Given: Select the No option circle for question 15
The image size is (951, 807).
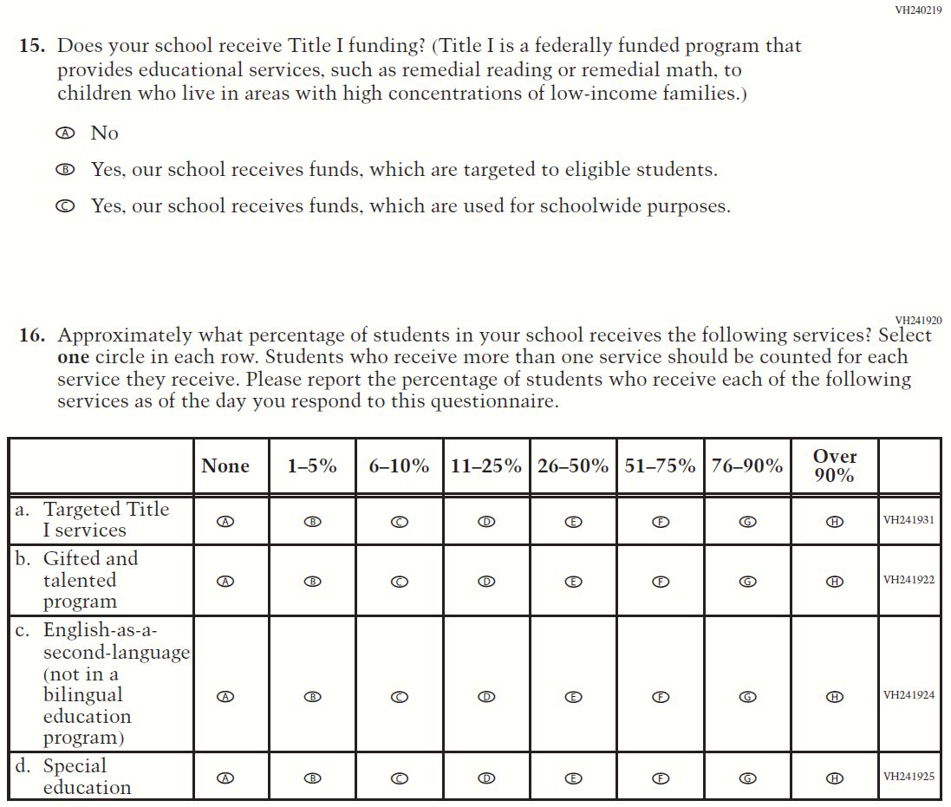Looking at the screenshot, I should coord(63,133).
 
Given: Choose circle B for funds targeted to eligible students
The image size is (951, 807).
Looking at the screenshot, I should coord(63,171).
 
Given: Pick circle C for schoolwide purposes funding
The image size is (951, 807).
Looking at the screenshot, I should coord(63,207).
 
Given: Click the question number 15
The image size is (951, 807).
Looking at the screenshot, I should coord(33,46).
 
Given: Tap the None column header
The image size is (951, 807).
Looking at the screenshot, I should coord(225,466).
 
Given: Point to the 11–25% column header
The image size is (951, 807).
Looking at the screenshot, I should coord(486,466).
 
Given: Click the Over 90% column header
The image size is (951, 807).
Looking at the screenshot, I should coord(835,466).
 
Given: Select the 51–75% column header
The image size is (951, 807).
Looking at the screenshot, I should coord(660,466).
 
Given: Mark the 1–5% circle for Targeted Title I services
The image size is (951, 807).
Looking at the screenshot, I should coord(313,522).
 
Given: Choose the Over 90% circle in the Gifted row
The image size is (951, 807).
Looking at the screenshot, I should coord(835,582).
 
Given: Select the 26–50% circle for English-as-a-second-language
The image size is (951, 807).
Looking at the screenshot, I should coord(573,696).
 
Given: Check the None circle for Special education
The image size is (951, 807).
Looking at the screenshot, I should coord(225,778).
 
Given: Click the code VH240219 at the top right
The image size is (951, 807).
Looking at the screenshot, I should coord(918,10).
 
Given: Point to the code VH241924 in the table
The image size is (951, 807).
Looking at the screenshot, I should coord(909,695).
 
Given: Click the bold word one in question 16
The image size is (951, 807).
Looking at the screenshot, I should coord(74,358).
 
